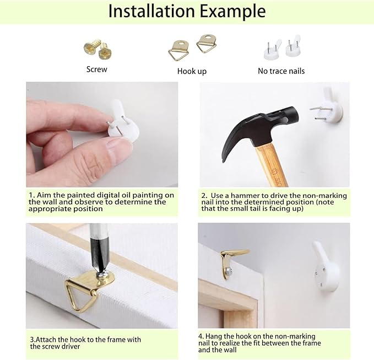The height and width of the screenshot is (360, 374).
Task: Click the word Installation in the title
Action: (151, 10)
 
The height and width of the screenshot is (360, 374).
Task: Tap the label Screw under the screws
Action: (96, 69)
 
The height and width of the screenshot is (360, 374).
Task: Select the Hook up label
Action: (192, 71)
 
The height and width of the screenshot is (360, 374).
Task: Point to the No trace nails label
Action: (281, 71)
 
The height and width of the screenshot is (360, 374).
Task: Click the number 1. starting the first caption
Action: (31, 195)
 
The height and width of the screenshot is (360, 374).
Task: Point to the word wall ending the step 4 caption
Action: (230, 350)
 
